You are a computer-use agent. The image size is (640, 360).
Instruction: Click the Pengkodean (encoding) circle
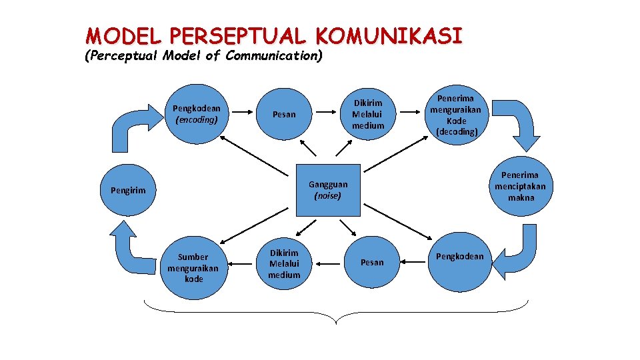(x=196, y=114)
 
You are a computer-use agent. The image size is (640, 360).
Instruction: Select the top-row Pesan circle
(x=284, y=114)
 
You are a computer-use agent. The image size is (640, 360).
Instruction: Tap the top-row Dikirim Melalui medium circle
(x=368, y=114)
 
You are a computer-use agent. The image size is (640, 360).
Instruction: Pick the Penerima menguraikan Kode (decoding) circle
(x=457, y=114)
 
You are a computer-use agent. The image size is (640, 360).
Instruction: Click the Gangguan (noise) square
(x=327, y=190)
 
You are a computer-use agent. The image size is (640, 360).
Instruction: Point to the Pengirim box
(x=128, y=191)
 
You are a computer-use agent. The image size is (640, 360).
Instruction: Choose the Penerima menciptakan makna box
(x=520, y=186)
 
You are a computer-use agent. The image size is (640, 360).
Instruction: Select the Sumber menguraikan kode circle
(x=193, y=267)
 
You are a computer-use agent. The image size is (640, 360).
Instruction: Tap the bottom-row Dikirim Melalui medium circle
(x=284, y=265)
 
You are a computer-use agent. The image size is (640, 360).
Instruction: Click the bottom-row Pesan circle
(x=372, y=263)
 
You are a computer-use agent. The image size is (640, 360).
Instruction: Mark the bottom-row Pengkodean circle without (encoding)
(x=459, y=257)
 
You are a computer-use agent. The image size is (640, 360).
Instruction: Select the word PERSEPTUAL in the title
(x=235, y=35)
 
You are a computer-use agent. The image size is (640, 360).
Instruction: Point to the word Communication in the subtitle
(x=273, y=56)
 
